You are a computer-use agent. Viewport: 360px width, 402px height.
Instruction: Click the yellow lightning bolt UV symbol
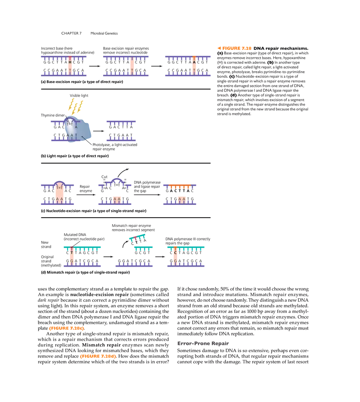(75, 106)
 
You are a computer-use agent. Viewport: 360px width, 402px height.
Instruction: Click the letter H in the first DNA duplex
(70, 63)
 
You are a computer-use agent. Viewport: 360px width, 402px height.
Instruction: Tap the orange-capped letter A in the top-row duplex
(194, 63)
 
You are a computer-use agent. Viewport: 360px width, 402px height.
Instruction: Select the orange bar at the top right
(234, 49)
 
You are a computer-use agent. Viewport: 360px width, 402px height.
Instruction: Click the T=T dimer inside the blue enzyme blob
(70, 124)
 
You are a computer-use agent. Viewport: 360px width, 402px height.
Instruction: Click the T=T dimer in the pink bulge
(59, 188)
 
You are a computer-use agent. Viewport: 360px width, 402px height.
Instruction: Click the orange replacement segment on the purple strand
(180, 186)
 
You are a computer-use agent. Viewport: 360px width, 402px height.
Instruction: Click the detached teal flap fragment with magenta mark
(137, 236)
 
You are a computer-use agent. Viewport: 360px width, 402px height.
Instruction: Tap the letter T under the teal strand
(72, 253)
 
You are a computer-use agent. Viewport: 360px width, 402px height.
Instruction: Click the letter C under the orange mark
(175, 253)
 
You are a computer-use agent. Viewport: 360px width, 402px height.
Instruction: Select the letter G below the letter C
(175, 261)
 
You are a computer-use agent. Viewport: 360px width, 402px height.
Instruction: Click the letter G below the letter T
(72, 261)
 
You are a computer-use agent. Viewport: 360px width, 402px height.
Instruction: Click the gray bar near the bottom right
(204, 344)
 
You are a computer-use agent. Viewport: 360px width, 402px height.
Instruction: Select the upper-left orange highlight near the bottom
(67, 328)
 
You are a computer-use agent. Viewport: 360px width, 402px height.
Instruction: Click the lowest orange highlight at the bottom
(98, 356)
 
